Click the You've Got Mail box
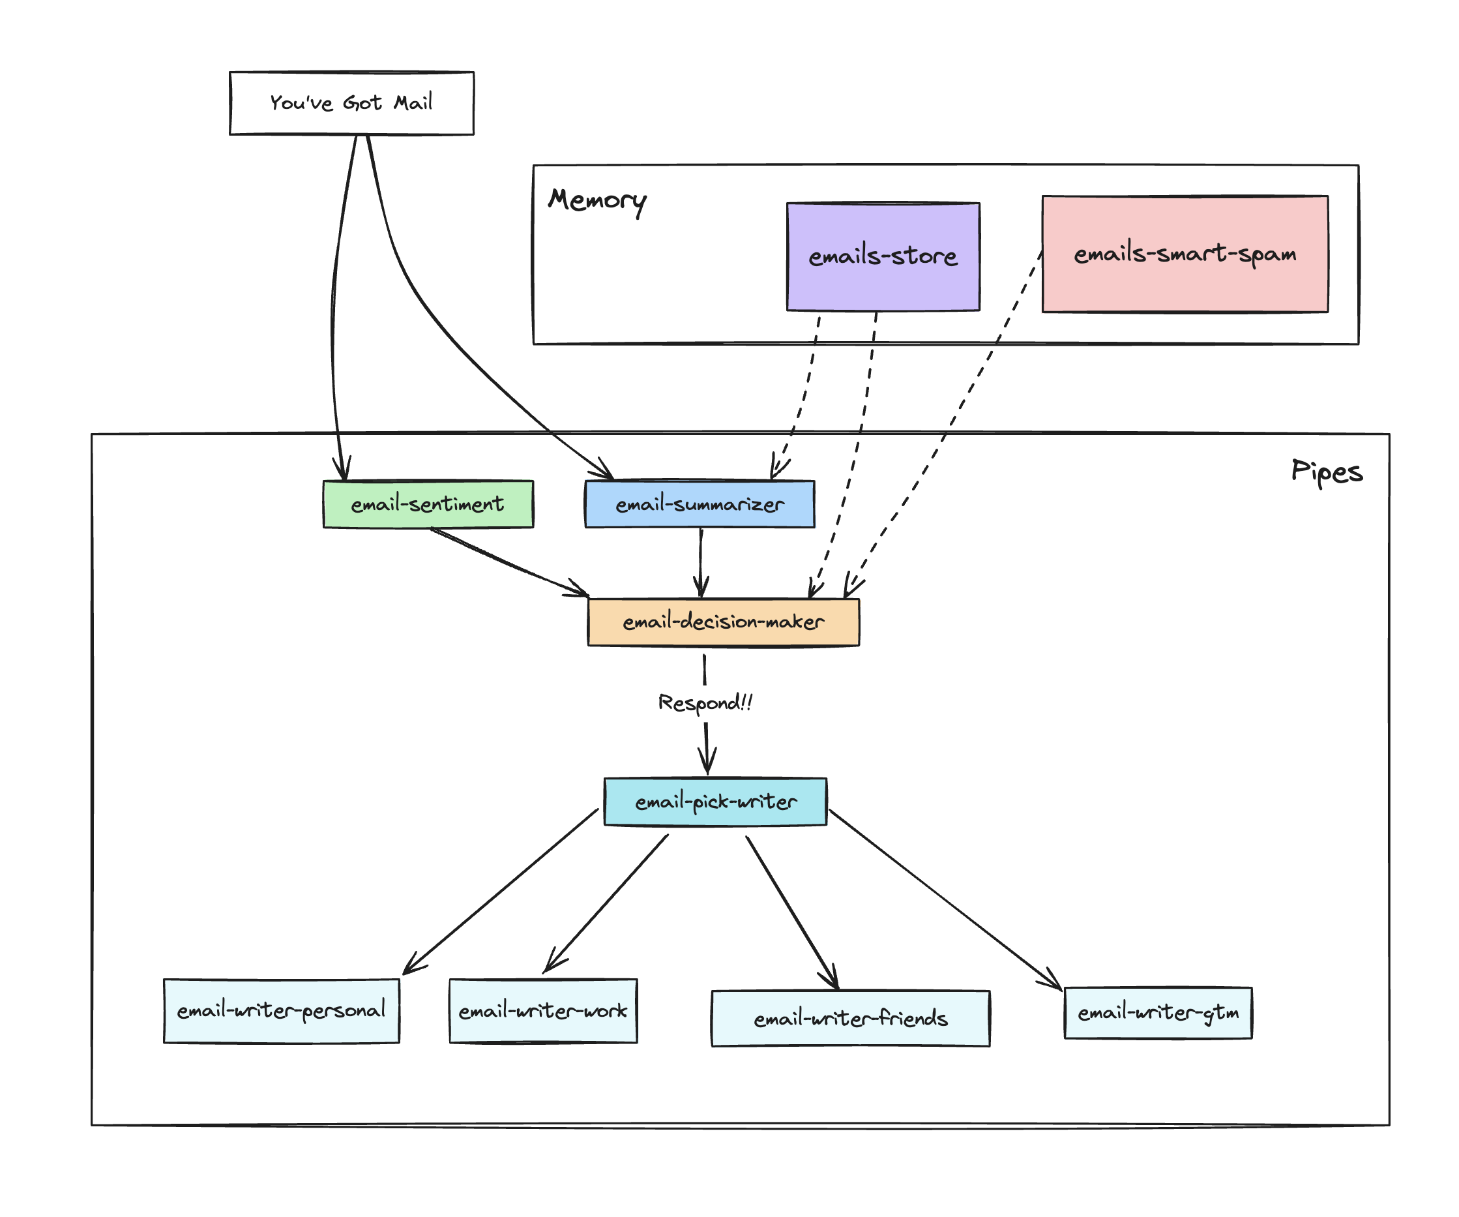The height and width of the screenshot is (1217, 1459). click(x=351, y=103)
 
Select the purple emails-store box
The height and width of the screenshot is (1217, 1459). click(x=883, y=256)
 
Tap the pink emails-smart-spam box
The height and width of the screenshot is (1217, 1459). click(x=1185, y=254)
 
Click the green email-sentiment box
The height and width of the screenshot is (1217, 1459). click(x=428, y=504)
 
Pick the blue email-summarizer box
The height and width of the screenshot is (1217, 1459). click(x=700, y=504)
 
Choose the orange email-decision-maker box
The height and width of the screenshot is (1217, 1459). click(x=723, y=622)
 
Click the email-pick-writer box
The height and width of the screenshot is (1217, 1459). click(x=715, y=802)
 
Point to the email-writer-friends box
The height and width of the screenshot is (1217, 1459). click(x=850, y=1018)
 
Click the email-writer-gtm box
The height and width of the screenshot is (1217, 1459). click(x=1158, y=1013)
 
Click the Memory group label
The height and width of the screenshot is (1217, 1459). click(x=597, y=200)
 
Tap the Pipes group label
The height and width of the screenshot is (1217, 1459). click(x=1326, y=472)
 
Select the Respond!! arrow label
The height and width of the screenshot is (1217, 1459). click(x=705, y=702)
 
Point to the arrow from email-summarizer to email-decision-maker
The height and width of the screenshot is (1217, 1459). click(x=700, y=562)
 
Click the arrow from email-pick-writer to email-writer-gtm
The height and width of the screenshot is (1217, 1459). click(x=945, y=899)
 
